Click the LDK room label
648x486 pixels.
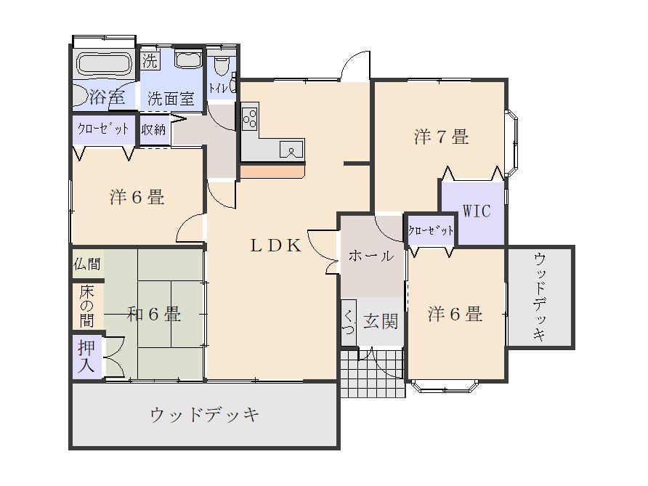(x=276, y=246)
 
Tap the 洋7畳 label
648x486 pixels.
(x=441, y=137)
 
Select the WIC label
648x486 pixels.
(x=477, y=211)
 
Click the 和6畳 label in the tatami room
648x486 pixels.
(x=154, y=315)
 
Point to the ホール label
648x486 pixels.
(x=371, y=256)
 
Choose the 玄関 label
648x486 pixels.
(x=381, y=321)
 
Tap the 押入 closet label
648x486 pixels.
(x=86, y=357)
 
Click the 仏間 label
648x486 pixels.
(x=87, y=264)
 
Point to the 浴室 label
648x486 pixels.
(x=106, y=97)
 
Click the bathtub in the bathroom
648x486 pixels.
(x=104, y=63)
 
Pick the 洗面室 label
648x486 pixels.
(x=171, y=99)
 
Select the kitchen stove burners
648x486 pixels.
(x=250, y=118)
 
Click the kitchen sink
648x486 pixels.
(x=292, y=150)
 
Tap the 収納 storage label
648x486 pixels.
(x=153, y=130)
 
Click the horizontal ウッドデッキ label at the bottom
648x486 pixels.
(x=204, y=416)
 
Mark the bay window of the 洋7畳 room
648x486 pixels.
(x=512, y=142)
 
